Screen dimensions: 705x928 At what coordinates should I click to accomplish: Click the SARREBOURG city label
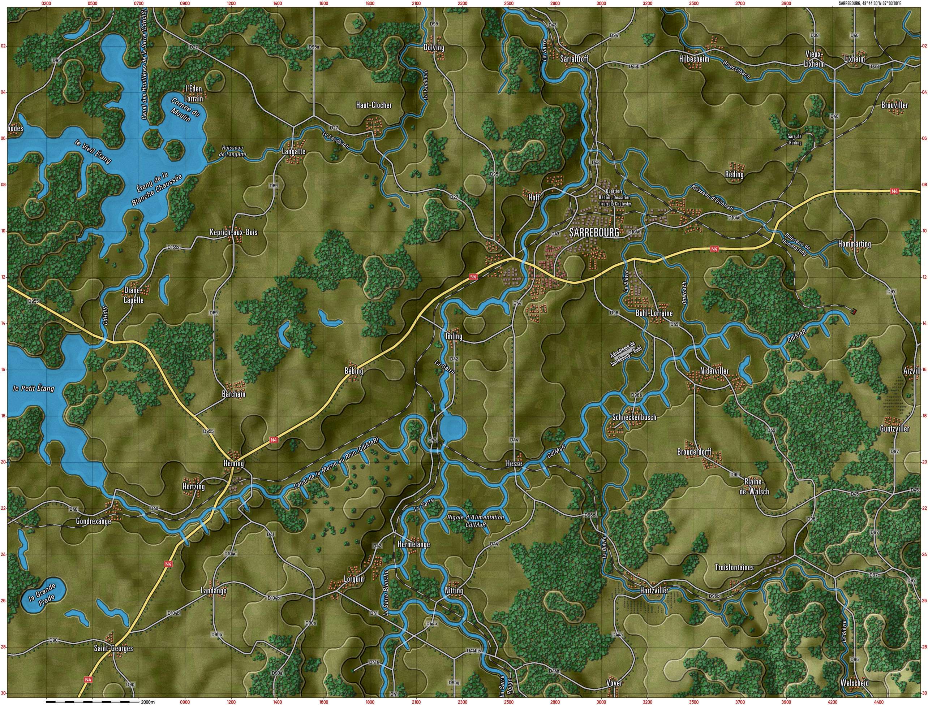coord(594,233)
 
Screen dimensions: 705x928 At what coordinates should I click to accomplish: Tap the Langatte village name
coord(293,151)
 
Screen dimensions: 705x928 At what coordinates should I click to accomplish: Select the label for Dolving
coord(434,47)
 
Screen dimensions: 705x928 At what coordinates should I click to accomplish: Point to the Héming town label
coord(233,463)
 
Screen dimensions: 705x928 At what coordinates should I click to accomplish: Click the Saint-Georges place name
coord(113,648)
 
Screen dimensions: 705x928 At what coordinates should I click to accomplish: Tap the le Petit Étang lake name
coord(34,389)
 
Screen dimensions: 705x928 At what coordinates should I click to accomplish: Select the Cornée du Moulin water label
coord(185,109)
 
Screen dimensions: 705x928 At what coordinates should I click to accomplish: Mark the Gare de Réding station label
coord(794,140)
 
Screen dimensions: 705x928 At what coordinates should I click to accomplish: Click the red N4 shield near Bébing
coord(473,277)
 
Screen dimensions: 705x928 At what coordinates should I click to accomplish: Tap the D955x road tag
coord(34,301)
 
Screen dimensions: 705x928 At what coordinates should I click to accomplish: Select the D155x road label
coord(173,248)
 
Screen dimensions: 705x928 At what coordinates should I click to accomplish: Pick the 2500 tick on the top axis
coord(508,3)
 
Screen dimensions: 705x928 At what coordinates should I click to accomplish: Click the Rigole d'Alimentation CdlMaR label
coord(475,521)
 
